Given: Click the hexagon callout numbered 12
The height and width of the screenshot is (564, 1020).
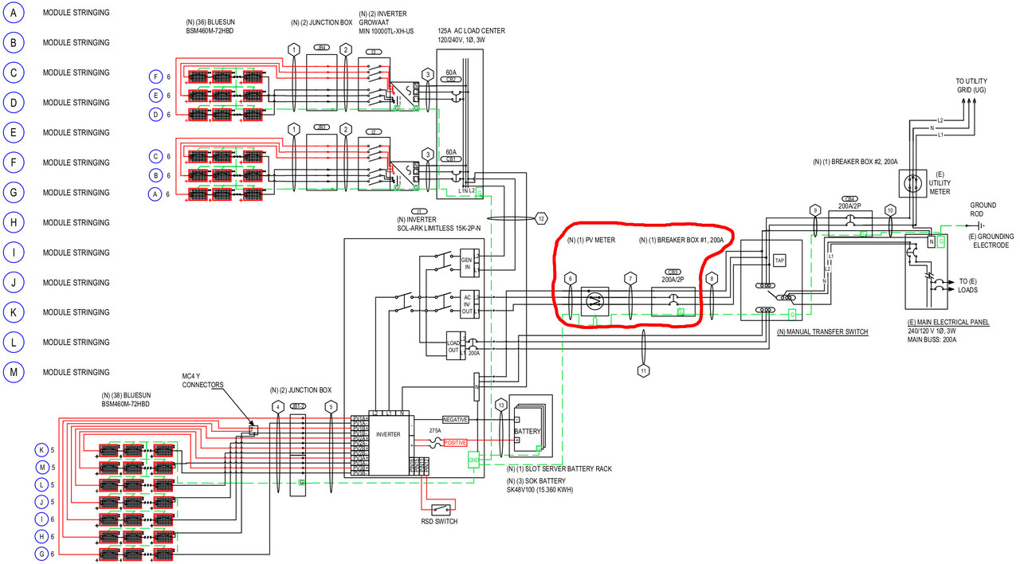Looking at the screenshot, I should (x=541, y=218).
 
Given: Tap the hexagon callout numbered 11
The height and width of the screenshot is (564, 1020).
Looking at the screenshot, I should (x=643, y=370).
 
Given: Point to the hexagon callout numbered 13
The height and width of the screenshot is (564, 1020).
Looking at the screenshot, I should (x=500, y=405).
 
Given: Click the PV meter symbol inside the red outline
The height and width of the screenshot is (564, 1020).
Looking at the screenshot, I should (x=594, y=300).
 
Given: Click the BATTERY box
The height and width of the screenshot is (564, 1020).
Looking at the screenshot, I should (x=527, y=432).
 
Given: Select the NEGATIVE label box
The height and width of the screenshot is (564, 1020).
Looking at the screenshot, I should (x=455, y=419).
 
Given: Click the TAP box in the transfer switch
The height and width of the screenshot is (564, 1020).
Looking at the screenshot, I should (x=780, y=260).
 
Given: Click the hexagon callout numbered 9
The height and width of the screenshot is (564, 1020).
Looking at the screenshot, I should (x=814, y=210).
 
